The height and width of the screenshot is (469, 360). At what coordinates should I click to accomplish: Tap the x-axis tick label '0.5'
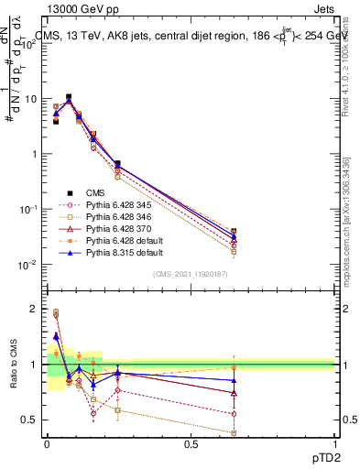click(x=191, y=444)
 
